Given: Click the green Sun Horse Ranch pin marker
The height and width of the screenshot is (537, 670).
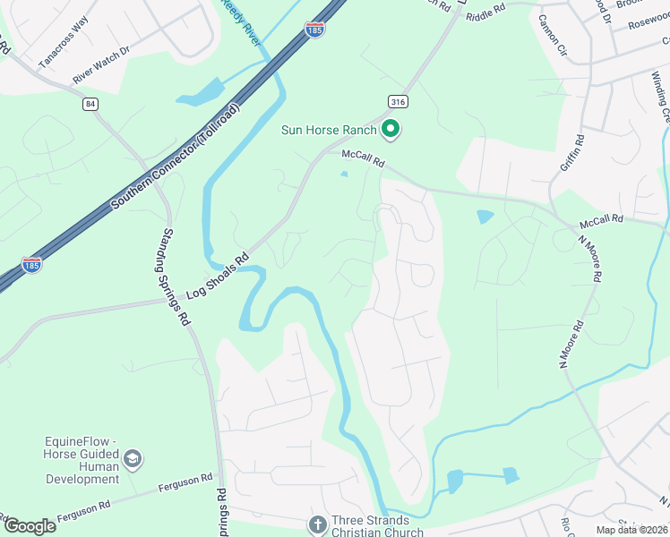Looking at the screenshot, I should coord(391,130).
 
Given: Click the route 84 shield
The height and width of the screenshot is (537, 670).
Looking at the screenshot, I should coord(90,105).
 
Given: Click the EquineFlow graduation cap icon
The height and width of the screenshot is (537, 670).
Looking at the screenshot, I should coord(133,460).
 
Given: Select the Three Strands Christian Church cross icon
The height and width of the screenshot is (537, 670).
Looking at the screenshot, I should coord(317,524).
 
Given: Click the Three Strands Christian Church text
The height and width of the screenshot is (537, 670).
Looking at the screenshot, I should coord(376,524).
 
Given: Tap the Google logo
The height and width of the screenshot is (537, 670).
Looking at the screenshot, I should coord(30,525).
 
